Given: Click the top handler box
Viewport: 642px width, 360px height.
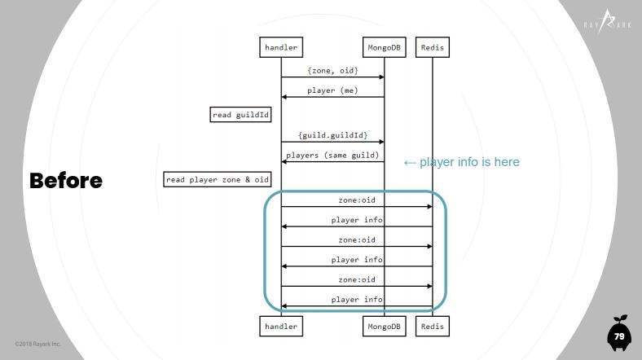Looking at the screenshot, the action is (x=281, y=47).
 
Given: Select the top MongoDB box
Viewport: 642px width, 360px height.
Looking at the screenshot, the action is (x=384, y=47).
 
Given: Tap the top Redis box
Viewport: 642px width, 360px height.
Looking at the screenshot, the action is (x=433, y=47).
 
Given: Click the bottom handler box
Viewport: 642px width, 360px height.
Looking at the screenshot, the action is (x=281, y=326).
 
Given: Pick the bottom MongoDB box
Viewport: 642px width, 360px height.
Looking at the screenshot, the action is (x=384, y=326).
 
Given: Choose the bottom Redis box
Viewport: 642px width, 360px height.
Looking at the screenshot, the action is (x=433, y=326).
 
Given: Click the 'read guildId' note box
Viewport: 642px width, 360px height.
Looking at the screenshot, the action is (x=240, y=115).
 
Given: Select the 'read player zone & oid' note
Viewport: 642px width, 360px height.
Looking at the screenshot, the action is (x=217, y=179).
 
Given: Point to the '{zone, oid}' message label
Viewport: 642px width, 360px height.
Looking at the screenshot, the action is (x=332, y=70).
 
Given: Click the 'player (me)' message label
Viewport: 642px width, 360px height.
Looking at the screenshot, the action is (x=332, y=90).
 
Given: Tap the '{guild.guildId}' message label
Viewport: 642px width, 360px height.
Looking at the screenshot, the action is (x=332, y=135).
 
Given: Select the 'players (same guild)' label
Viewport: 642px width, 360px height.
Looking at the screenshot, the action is (x=332, y=155).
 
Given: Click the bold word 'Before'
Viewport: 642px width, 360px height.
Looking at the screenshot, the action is (x=66, y=181).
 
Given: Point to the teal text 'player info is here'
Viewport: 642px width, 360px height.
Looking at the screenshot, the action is (x=469, y=162).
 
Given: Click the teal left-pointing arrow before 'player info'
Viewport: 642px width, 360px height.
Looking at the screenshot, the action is (x=410, y=163).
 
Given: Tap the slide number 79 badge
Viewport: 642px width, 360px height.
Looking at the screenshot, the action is (x=619, y=336).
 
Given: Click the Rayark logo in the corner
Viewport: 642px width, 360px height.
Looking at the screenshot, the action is (x=608, y=23).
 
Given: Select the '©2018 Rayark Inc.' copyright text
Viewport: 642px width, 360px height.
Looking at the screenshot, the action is (x=37, y=344).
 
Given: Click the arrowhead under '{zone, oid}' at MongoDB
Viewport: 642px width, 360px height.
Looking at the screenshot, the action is (x=381, y=77).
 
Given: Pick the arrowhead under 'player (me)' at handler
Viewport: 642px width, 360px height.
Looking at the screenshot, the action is (x=284, y=97).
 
